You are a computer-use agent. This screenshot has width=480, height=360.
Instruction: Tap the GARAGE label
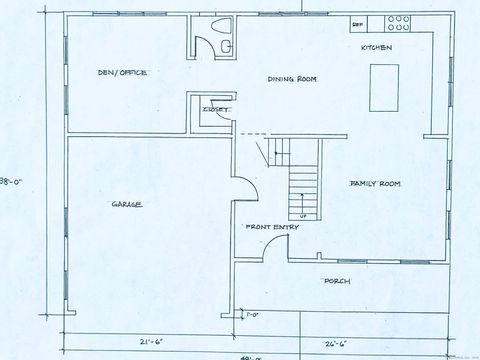click(x=126, y=204)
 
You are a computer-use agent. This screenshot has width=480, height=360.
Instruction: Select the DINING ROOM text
click(x=292, y=79)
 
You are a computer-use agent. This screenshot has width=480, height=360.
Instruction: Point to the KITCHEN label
click(x=376, y=48)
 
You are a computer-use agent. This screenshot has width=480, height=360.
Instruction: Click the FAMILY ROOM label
click(x=375, y=185)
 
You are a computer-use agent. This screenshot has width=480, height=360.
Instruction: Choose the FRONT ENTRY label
click(x=272, y=228)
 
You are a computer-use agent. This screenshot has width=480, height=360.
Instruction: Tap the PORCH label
click(x=337, y=281)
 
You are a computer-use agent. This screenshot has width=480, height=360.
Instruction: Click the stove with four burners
click(x=400, y=22)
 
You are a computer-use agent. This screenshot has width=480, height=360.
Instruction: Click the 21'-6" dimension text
click(x=149, y=341)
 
